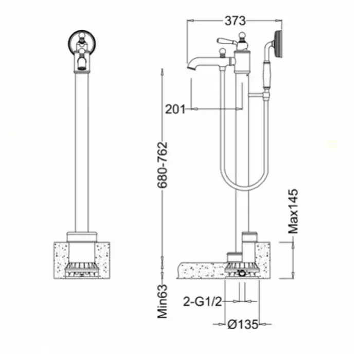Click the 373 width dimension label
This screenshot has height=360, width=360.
235,21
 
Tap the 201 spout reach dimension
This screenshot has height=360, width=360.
175,109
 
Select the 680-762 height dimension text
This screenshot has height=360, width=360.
163,165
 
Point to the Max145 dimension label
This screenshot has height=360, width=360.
293,211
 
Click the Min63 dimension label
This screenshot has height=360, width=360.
163,301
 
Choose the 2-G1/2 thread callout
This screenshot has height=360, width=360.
203,301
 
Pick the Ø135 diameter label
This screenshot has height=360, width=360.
243,325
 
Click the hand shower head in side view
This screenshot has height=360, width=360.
278,44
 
